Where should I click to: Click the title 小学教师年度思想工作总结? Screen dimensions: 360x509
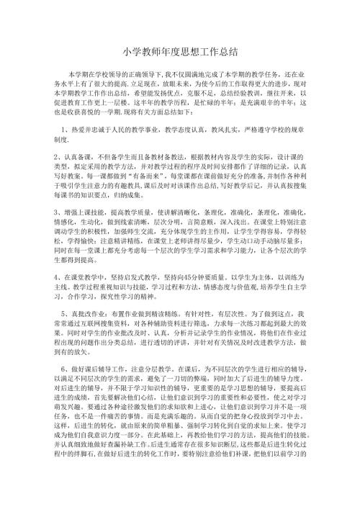[180, 52]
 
